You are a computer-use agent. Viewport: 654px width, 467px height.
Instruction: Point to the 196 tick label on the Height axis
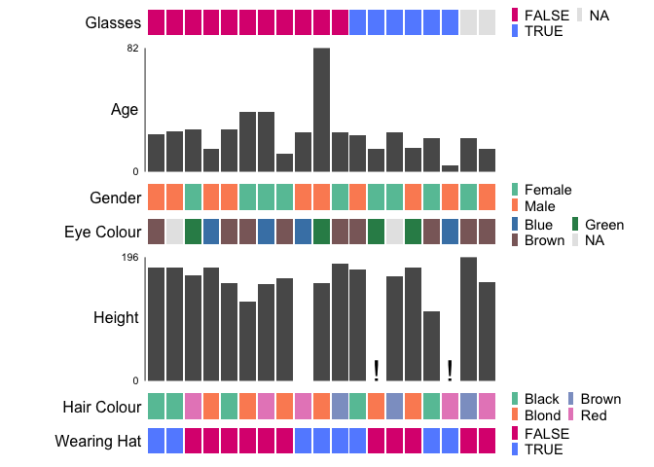pos(130,257)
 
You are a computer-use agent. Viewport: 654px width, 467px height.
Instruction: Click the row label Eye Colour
pos(103,233)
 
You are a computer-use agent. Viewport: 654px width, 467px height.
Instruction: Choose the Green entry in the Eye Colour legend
pos(603,225)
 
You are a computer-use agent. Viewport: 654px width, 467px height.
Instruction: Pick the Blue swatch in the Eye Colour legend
pos(516,225)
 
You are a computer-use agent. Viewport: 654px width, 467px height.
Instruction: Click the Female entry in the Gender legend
pos(547,190)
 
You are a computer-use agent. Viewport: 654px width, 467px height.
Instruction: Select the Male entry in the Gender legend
pos(540,206)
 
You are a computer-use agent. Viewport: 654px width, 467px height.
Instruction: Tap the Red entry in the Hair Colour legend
pos(594,415)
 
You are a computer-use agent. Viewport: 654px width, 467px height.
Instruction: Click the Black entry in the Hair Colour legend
pos(541,399)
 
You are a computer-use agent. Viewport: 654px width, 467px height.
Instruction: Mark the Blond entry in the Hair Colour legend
pos(542,415)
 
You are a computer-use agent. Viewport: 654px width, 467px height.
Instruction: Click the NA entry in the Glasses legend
pos(599,15)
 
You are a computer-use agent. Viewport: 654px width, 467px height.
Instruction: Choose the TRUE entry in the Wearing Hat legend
pos(542,449)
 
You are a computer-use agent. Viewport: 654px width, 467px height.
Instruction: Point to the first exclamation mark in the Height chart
pos(376,370)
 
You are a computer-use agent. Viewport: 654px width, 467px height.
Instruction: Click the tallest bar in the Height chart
pos(468,318)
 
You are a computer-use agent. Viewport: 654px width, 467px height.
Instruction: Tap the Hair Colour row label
pos(102,407)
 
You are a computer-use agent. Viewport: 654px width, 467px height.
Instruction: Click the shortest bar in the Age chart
pos(450,168)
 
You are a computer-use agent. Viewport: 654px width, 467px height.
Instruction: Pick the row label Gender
pos(116,198)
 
